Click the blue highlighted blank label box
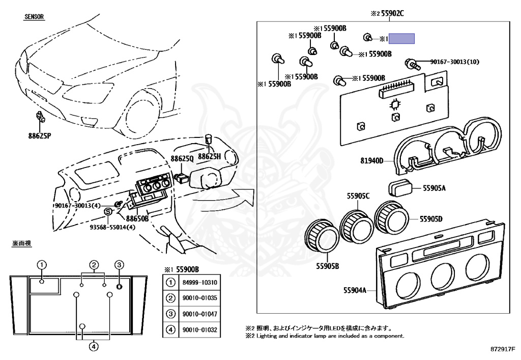402,39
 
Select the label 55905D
431,219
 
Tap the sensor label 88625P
40,136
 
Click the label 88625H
209,156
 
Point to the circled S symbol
108,212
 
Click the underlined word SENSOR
35,17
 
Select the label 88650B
137,218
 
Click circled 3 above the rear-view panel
119,264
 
